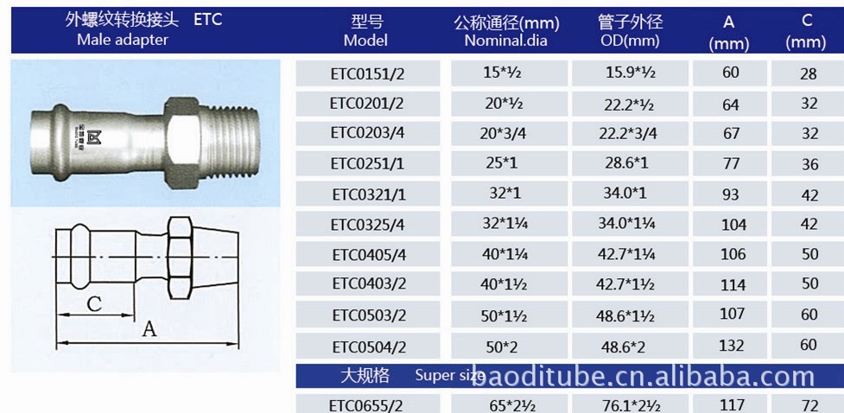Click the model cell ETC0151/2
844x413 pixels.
[x=367, y=73]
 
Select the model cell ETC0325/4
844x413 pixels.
[x=368, y=224]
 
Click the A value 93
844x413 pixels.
[x=731, y=194]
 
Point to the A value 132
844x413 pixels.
[x=732, y=345]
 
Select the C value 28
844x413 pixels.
[x=809, y=73]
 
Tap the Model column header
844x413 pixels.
[x=365, y=31]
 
